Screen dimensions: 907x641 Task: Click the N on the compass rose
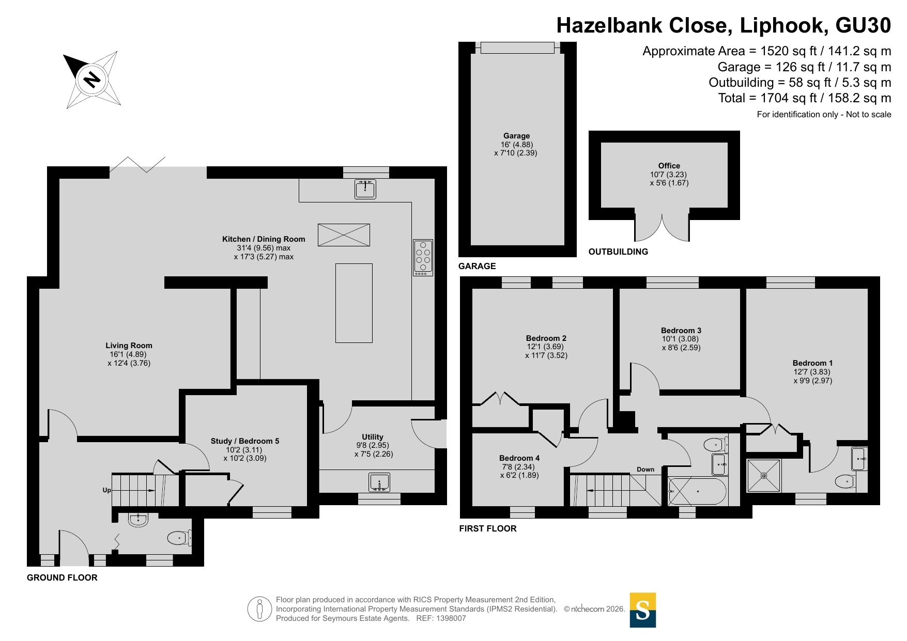coord(92,80)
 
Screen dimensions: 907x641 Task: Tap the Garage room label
coord(517,136)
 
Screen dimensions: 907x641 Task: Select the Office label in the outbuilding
coord(669,166)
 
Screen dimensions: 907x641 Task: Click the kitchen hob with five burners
coord(423,257)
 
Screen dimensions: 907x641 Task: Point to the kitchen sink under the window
coord(365,189)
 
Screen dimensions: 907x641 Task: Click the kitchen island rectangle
coord(354,303)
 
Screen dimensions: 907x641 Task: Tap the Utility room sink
coord(379,483)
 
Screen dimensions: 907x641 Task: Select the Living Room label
coord(129,346)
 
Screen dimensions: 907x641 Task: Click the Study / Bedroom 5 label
coord(245,441)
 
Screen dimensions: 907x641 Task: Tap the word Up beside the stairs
coord(106,490)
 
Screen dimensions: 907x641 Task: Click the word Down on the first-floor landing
coord(645,470)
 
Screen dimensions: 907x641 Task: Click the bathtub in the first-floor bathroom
coord(698,491)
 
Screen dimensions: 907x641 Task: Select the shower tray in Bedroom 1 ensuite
coord(764,476)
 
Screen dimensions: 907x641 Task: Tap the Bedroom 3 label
coord(681,331)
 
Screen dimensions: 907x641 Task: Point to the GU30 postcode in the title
coord(863,25)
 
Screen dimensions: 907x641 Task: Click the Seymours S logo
coord(643,610)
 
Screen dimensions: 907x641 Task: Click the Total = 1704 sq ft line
coord(805,98)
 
